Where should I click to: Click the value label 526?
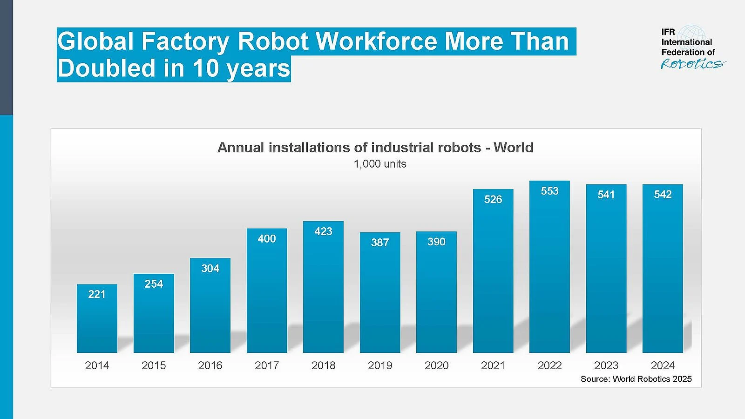493,200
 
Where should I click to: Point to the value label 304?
210,269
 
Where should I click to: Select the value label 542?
663,195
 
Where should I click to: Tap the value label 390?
436,242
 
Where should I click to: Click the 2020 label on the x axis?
436,365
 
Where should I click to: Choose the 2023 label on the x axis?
606,365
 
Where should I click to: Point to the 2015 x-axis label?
154,365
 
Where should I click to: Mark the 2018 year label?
323,365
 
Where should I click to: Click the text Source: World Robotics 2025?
636,379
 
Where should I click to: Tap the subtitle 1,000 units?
380,164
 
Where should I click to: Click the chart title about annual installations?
375,148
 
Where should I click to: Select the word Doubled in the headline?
107,68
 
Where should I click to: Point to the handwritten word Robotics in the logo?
692,64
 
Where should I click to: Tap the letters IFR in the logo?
668,32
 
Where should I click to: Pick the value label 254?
154,284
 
